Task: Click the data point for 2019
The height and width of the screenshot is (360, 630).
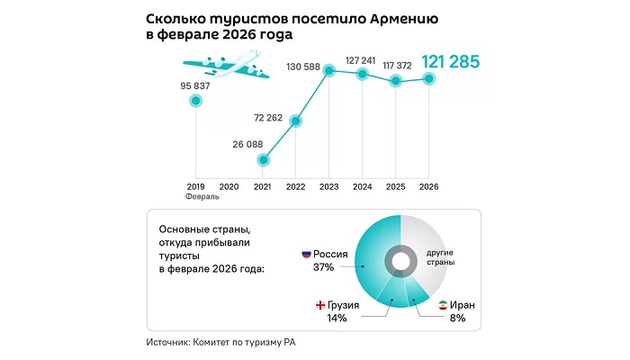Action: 195,102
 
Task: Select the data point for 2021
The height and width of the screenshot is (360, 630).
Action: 263,160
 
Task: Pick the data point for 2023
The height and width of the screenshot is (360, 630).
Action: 330,70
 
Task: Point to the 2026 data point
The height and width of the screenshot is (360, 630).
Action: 429,78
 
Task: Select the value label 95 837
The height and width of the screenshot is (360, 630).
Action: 195,86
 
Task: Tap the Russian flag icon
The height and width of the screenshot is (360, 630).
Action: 305,253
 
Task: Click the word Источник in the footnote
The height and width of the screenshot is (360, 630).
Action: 174,344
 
